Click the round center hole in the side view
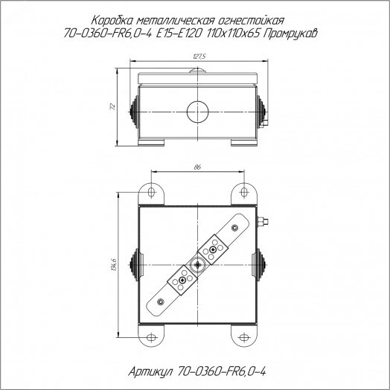[197, 111]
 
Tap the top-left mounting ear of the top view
[153, 193]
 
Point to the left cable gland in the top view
[134, 264]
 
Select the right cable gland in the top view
[260, 264]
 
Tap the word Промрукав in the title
[293, 33]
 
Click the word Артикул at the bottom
[154, 369]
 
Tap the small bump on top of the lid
[197, 71]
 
